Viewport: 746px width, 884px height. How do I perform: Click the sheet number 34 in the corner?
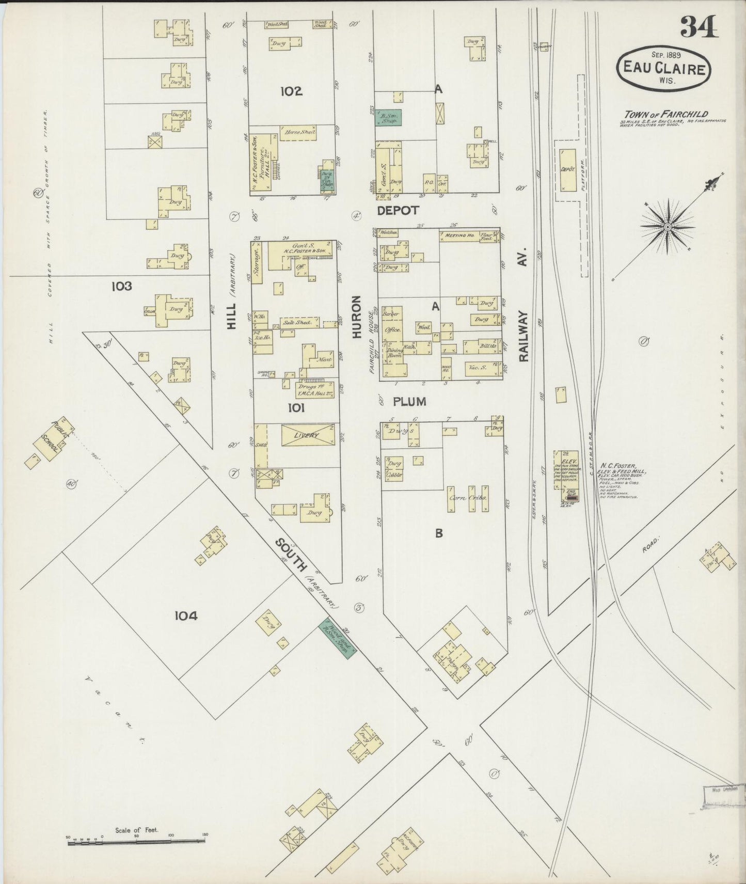(x=699, y=27)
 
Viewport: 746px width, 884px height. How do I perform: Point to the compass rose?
(x=667, y=226)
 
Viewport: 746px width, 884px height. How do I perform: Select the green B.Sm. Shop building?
(x=389, y=117)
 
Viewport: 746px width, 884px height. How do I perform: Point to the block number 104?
(x=186, y=615)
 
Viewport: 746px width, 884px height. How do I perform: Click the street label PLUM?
(x=409, y=401)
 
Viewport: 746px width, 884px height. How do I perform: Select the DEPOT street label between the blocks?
(x=398, y=210)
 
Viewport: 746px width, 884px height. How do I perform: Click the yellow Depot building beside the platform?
(x=568, y=170)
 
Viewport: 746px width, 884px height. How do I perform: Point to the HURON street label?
(x=356, y=317)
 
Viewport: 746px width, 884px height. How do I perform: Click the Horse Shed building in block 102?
(x=298, y=133)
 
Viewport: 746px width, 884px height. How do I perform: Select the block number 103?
(x=120, y=286)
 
